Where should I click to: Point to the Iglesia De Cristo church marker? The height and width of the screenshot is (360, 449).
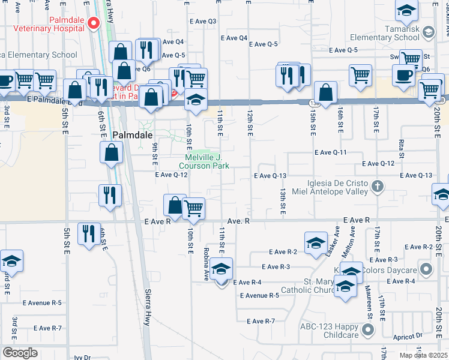(x=377, y=187)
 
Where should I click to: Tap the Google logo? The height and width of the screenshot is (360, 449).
(x=19, y=353)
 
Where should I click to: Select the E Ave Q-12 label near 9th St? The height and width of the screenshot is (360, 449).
(x=172, y=175)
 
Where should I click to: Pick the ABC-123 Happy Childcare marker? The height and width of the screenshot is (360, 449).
(x=367, y=329)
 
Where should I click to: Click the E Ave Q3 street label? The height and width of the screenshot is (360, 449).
(x=202, y=22)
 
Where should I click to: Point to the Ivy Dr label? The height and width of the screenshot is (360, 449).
(x=82, y=358)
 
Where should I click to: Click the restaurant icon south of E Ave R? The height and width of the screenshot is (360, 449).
(x=89, y=233)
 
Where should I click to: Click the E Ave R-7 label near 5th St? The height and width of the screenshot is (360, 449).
(x=48, y=328)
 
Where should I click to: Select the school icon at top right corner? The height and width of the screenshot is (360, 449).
(x=407, y=10)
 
